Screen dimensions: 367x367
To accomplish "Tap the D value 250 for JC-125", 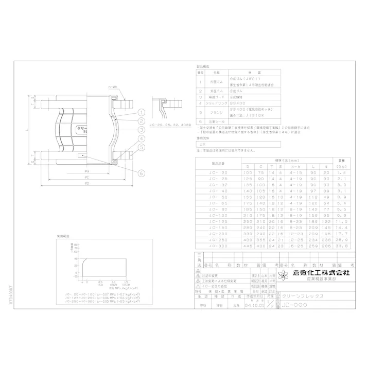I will [248, 221].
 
